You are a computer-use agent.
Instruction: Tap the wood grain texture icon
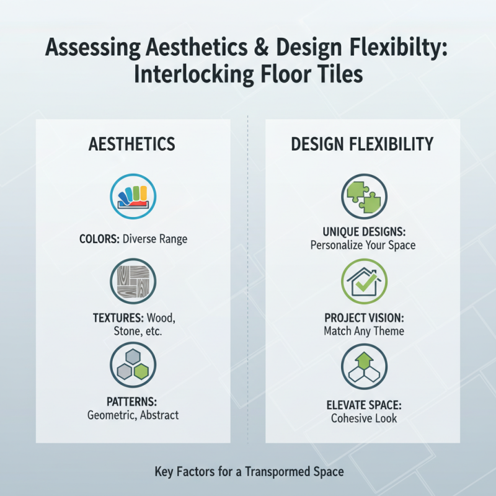click(x=133, y=281)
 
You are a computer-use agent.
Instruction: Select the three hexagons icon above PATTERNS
click(x=133, y=366)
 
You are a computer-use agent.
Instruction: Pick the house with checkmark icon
click(x=364, y=281)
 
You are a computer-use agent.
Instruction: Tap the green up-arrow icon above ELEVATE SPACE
click(x=364, y=366)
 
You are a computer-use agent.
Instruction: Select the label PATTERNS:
click(x=133, y=401)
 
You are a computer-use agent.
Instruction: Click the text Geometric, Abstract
click(x=133, y=415)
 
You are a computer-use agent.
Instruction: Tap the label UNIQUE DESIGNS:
click(x=364, y=232)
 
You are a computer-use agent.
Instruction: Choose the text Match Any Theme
click(x=364, y=331)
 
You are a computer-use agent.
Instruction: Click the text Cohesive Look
click(x=364, y=418)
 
